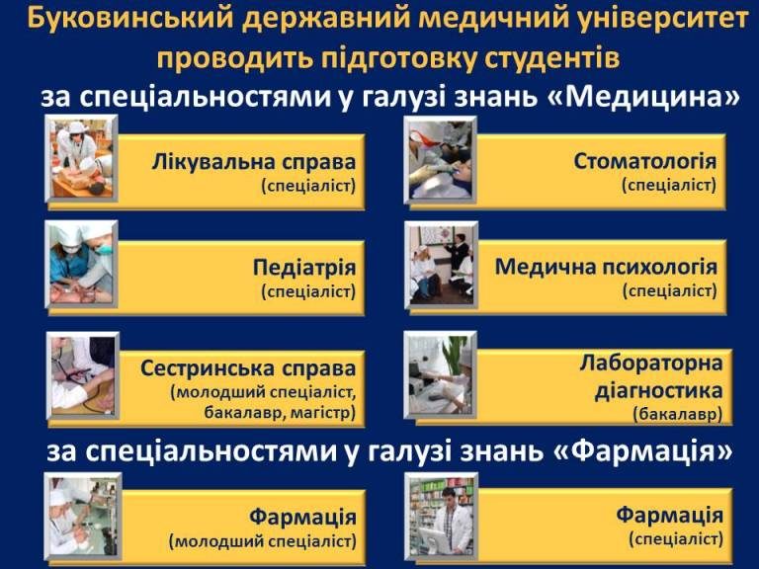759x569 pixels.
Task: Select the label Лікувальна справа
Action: [254, 162]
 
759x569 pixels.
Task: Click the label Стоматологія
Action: [645, 161]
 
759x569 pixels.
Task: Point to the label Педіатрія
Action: [304, 268]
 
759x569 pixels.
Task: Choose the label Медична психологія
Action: [606, 267]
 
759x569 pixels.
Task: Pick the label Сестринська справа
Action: [248, 368]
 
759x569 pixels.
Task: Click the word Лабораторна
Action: [651, 363]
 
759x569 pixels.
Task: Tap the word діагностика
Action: [658, 390]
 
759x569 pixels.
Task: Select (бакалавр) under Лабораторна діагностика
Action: [678, 415]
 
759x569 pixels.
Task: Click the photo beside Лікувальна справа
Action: [81, 158]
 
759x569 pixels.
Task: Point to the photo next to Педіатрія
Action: [81, 264]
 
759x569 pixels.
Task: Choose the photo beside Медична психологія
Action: [441, 265]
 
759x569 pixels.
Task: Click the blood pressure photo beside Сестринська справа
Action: [83, 375]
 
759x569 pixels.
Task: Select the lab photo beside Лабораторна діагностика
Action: [441, 374]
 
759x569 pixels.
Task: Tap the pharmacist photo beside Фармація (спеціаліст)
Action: [441, 517]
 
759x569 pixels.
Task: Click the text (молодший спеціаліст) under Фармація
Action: [262, 541]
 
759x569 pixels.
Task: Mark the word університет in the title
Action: [660, 19]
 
